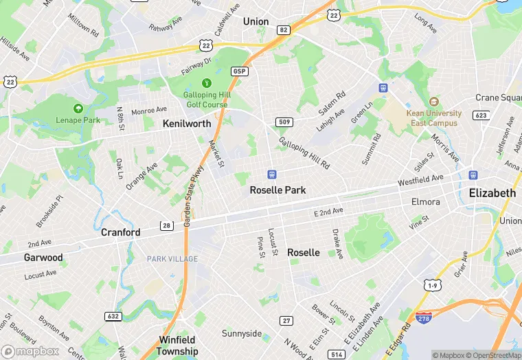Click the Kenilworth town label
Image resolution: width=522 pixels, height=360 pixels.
pos(186,124)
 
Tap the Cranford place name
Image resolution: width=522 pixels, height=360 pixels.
pos(120,232)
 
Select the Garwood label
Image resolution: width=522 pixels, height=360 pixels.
pos(43,258)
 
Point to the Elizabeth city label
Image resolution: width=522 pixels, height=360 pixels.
pos(492,193)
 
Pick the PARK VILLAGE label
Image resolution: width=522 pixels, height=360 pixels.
pos(172,259)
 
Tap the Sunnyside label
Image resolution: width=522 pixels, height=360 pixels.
pos(241,334)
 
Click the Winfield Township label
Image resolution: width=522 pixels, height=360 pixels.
pos(177,346)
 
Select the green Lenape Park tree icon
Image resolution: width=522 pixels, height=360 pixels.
pos(78,109)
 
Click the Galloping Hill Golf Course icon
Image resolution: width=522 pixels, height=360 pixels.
pos(205,83)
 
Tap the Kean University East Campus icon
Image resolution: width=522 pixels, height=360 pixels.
pos(433,102)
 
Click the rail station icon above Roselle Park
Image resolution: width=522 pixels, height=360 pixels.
pos(272,175)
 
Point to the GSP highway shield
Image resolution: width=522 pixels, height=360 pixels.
pos(239,71)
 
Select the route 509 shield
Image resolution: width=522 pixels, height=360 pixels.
pos(284,122)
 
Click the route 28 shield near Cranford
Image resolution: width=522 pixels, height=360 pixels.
pos(167,225)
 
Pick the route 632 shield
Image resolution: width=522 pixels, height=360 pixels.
pos(114,317)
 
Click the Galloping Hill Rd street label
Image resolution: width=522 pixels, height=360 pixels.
pos(304,153)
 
